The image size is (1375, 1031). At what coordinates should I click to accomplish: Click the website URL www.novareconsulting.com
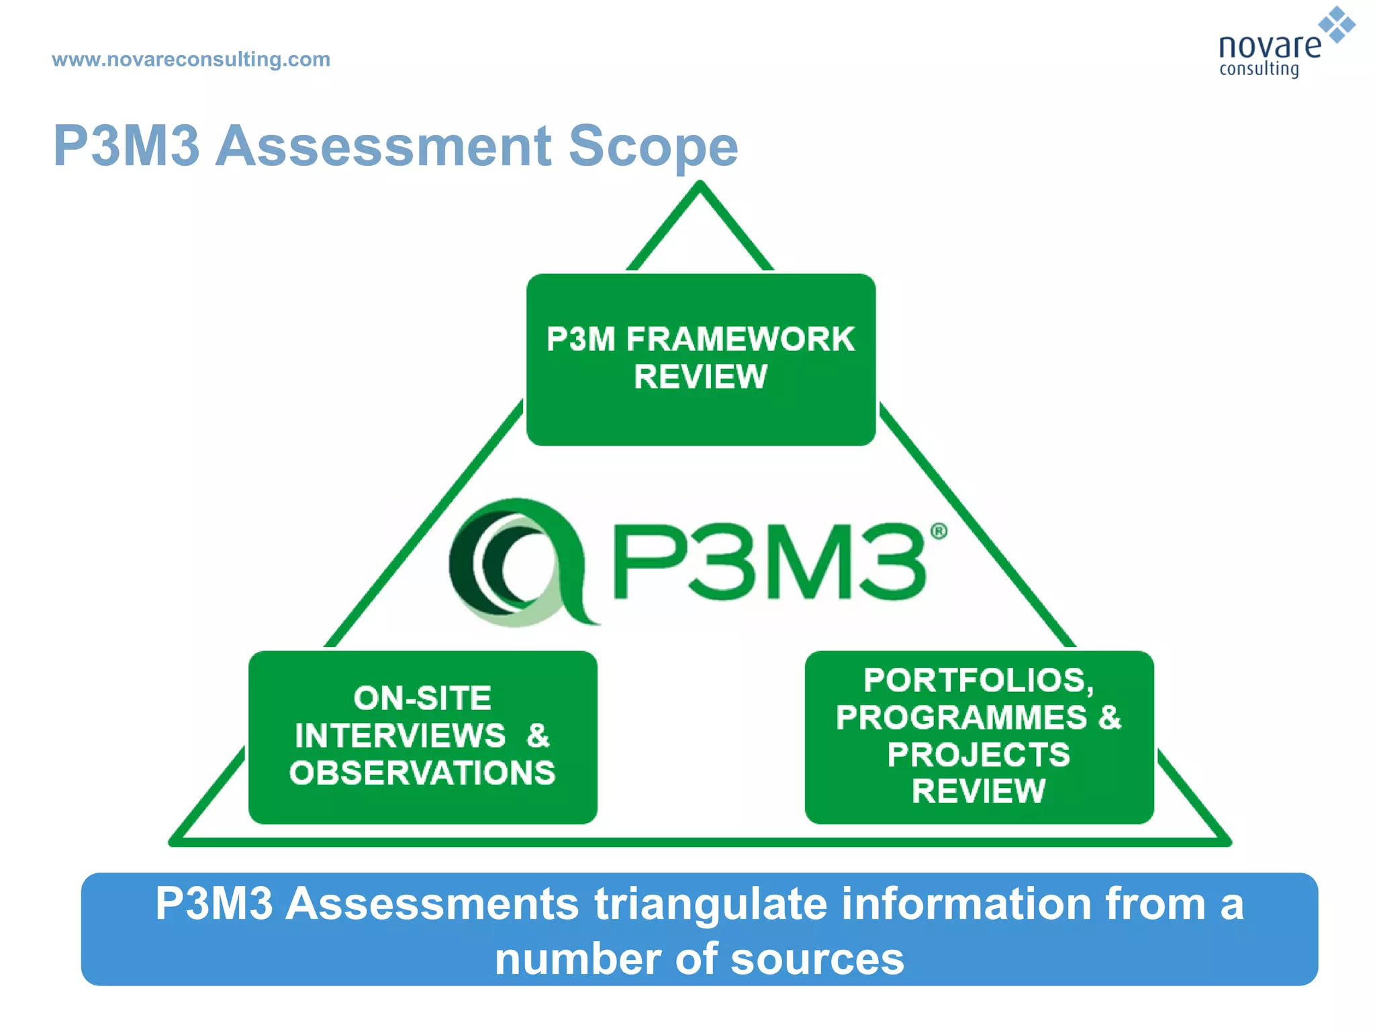(191, 59)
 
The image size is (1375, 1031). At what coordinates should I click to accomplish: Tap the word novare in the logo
(1268, 46)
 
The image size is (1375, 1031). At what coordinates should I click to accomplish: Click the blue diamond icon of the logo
(1337, 25)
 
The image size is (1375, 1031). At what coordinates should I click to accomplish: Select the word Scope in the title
(653, 146)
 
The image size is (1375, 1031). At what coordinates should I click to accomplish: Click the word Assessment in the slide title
(383, 146)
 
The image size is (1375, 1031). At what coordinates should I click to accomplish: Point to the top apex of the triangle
(700, 185)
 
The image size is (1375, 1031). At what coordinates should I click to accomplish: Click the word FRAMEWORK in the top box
(740, 339)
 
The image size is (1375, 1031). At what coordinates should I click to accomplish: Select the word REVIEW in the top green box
(700, 377)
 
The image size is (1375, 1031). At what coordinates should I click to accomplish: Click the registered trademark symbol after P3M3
(939, 532)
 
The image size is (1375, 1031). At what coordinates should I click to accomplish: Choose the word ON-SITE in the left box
(422, 698)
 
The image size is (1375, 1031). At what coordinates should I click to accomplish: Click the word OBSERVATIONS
(422, 773)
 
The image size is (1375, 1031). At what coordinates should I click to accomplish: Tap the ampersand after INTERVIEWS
(538, 736)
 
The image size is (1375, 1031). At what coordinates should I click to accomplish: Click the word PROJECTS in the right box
(978, 754)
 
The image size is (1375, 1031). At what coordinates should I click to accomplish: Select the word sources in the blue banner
(817, 959)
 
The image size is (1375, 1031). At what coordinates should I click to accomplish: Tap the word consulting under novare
(1259, 69)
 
